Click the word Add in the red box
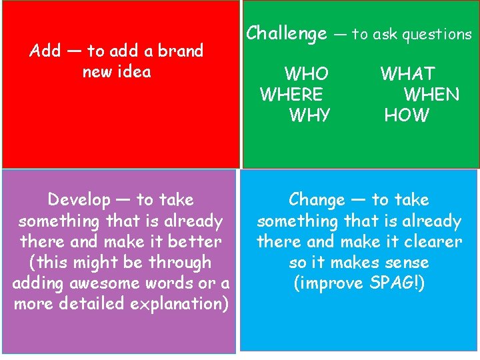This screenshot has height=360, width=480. pos(45,51)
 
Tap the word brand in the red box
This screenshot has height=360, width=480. pos(181,51)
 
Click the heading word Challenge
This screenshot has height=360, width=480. pos(287,33)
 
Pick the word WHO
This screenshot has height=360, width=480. pos(306,74)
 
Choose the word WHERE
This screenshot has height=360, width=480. pos(291,95)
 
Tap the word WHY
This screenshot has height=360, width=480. pos(309,115)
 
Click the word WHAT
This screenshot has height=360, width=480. pos(407,74)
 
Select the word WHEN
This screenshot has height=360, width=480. pos(431,95)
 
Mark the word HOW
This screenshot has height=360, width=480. pos(407,115)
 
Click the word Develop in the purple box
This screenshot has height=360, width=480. pos(79,200)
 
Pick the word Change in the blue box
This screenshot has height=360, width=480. pos(317,200)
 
